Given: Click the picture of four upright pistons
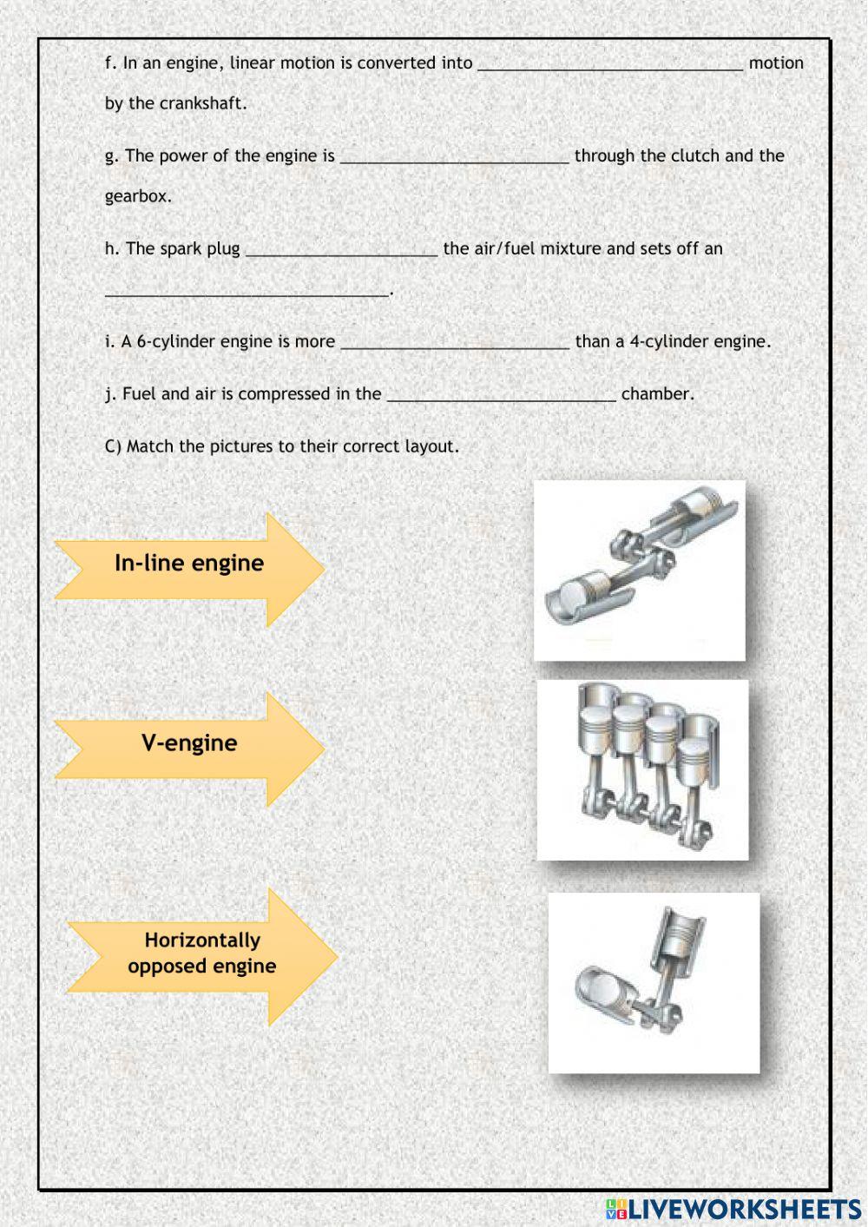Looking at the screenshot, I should pyautogui.click(x=642, y=769).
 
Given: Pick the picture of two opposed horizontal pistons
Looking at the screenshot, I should pyautogui.click(x=640, y=570).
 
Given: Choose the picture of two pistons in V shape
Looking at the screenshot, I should pyautogui.click(x=654, y=982).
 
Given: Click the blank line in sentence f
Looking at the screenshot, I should pyautogui.click(x=610, y=64).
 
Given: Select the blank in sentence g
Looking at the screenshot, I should pyautogui.click(x=454, y=157).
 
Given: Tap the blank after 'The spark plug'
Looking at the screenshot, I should pyautogui.click(x=341, y=250).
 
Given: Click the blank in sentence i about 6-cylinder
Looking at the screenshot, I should pyautogui.click(x=455, y=343).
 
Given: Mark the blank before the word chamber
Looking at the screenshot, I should pyautogui.click(x=501, y=395).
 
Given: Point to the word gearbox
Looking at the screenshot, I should pyautogui.click(x=138, y=196).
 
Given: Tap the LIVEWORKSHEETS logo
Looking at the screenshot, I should pyautogui.click(x=733, y=1208).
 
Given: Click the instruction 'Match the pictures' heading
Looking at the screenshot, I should pyautogui.click(x=282, y=446).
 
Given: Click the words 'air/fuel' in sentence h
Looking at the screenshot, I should pyautogui.click(x=504, y=249).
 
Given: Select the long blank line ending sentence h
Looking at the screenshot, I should pyautogui.click(x=247, y=291).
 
